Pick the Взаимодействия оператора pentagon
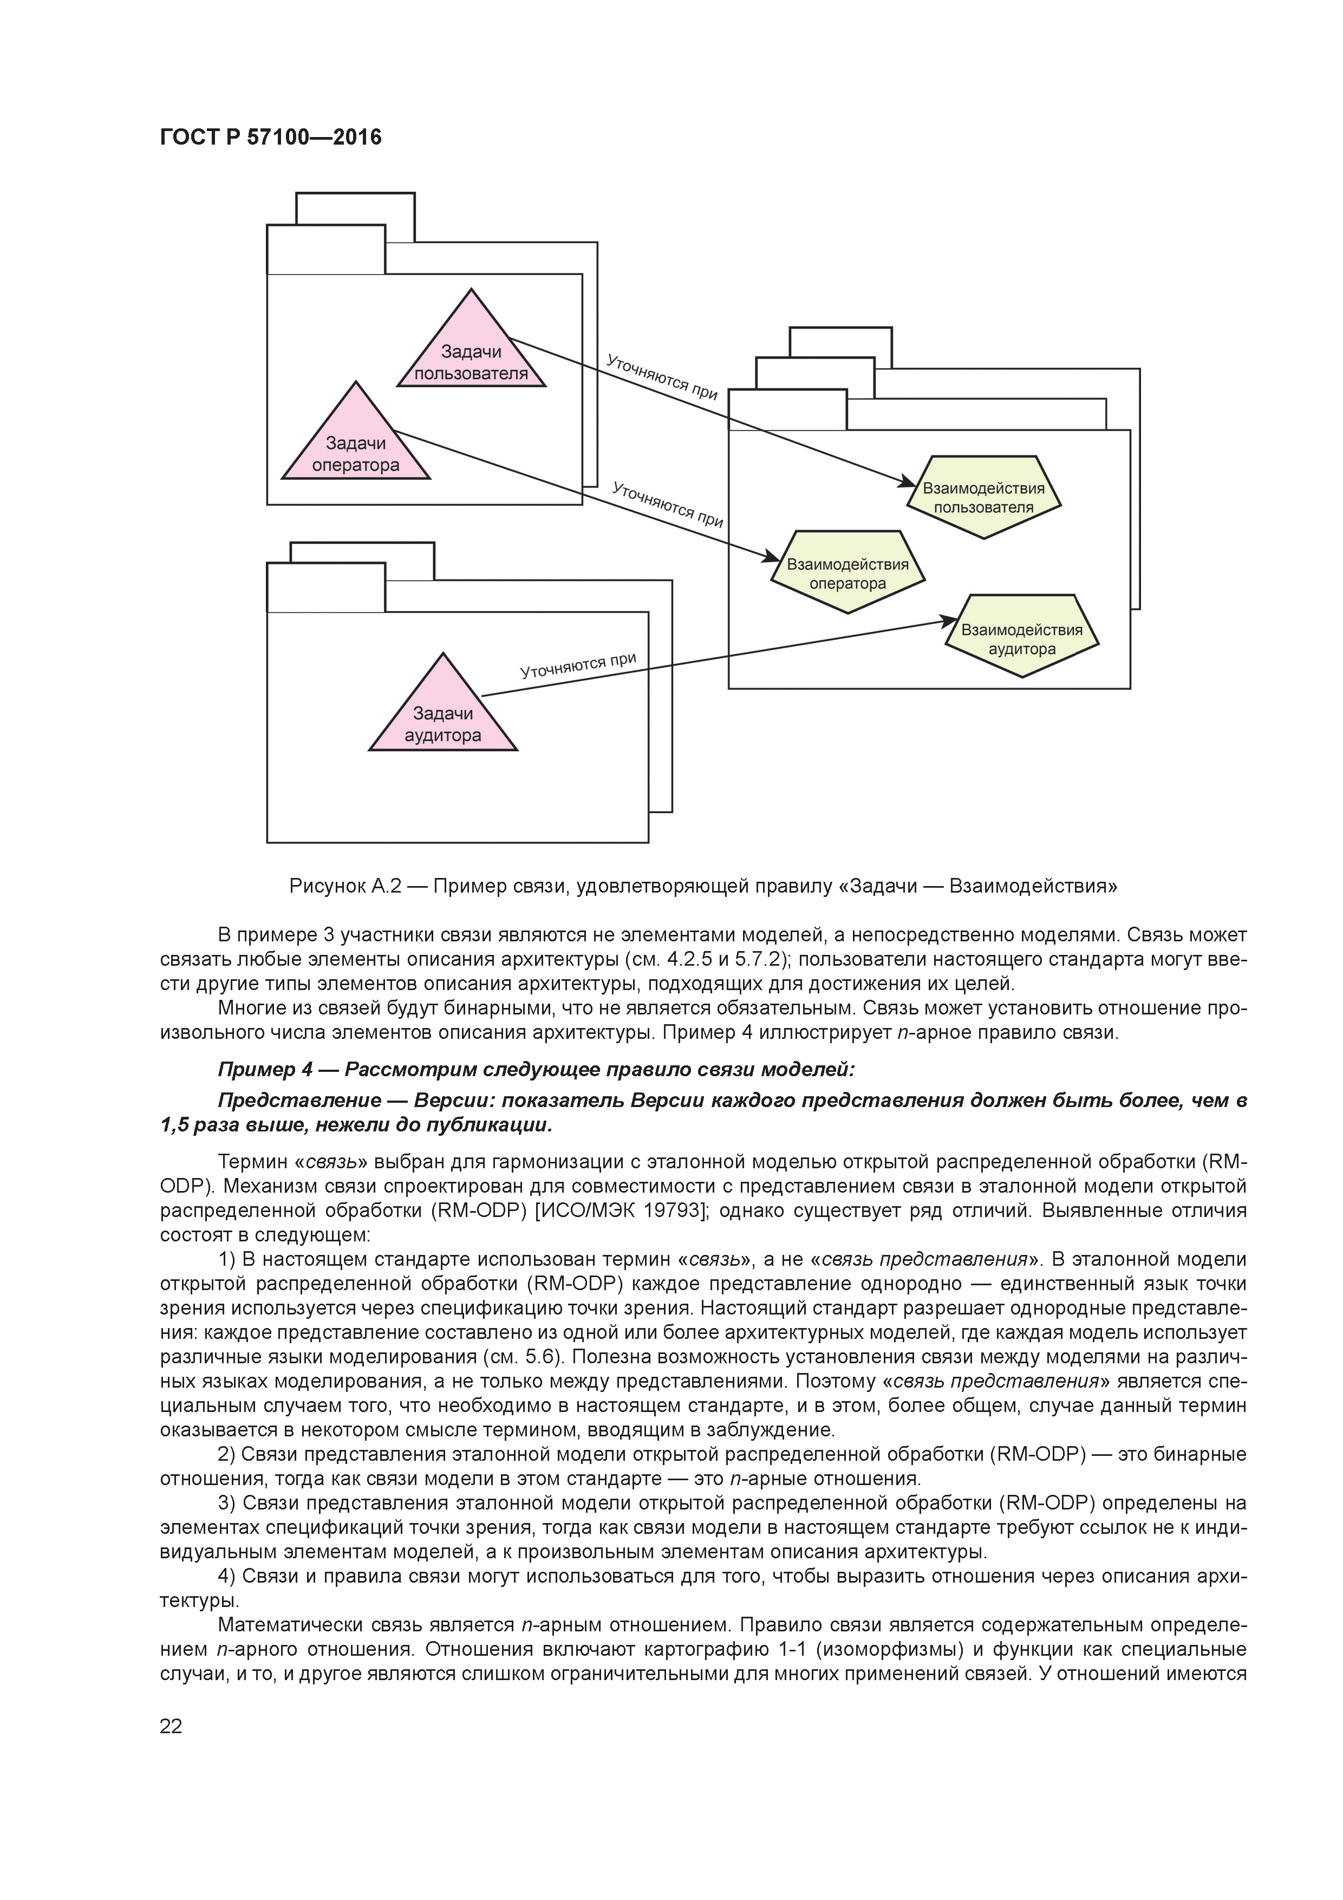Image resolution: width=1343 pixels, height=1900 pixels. coord(847,572)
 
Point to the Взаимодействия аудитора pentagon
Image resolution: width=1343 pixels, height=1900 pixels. coord(1022,637)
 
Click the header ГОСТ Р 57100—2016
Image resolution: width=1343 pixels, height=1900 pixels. coord(271,138)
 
